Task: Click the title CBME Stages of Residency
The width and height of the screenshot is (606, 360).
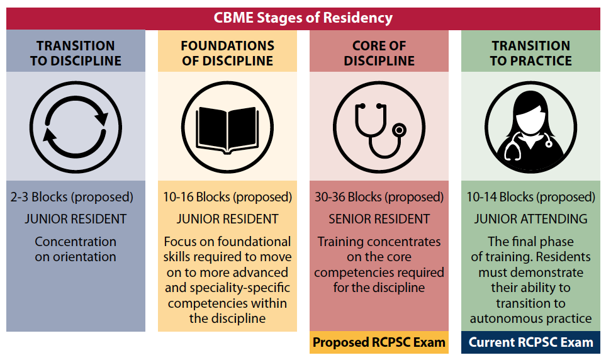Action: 303,18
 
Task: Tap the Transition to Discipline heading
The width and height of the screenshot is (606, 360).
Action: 76,53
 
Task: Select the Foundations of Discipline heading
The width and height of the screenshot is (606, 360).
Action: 228,53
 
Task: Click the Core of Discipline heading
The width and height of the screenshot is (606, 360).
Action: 379,53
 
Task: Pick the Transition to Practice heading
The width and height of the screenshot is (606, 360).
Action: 530,53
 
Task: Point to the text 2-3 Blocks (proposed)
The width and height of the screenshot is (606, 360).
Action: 72,197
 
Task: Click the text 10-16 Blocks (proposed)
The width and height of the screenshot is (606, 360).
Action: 227,197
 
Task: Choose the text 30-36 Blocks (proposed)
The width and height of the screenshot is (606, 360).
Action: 379,197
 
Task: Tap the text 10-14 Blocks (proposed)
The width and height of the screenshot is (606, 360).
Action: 530,197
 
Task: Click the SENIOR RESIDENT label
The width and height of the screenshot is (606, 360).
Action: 379,219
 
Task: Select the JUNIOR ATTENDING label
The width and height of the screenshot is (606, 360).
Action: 530,219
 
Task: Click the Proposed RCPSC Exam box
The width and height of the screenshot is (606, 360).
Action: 379,342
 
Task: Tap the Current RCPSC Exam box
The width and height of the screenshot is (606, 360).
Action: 530,342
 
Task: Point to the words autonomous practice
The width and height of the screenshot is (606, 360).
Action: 530,318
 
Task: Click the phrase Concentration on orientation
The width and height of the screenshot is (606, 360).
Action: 76,249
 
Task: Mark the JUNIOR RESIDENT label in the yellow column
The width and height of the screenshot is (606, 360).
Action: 227,219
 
